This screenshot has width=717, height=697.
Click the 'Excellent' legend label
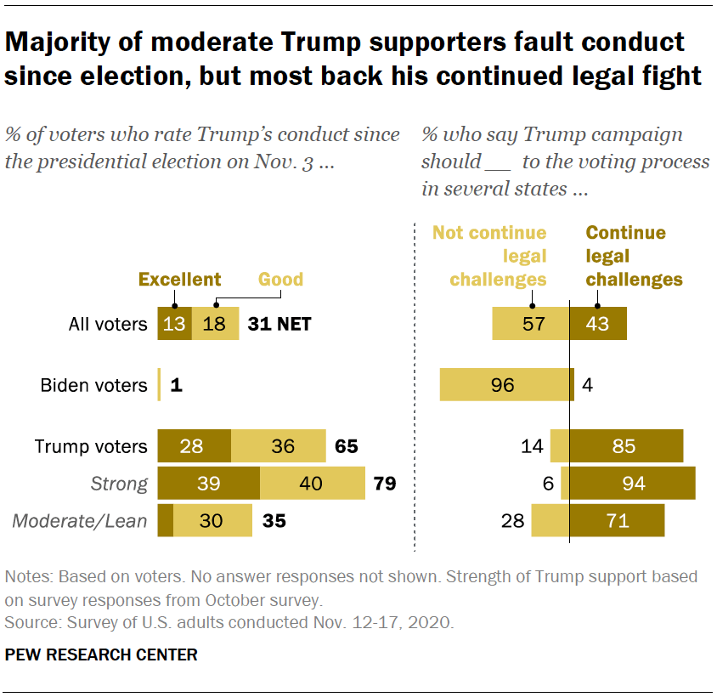(x=179, y=280)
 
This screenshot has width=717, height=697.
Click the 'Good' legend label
(x=281, y=280)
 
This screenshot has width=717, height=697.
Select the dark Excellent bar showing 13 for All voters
(x=174, y=324)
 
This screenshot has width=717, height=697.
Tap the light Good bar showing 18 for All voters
(x=215, y=324)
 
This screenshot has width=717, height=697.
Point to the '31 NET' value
(x=280, y=324)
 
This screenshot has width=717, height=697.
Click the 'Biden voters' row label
(x=93, y=385)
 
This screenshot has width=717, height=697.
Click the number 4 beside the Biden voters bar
(x=586, y=385)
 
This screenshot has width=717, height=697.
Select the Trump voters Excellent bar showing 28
(x=195, y=446)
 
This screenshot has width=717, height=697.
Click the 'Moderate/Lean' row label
(x=80, y=521)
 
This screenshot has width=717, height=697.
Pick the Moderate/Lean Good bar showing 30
(x=212, y=521)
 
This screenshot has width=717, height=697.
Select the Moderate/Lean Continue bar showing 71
(x=617, y=521)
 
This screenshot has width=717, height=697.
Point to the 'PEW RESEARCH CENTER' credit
(x=101, y=654)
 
